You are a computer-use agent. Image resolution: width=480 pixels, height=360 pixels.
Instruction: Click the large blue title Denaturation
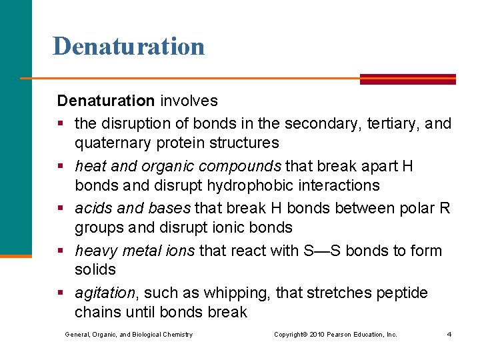[129, 46]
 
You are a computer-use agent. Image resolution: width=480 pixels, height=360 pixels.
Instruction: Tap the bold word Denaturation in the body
[105, 101]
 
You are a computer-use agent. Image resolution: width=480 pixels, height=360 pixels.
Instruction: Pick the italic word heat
[90, 165]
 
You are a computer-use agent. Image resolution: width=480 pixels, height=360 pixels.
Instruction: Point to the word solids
[95, 269]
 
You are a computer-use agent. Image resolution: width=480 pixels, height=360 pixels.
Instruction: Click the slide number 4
[449, 334]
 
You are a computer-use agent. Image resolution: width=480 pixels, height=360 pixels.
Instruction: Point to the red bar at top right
[408, 78]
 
